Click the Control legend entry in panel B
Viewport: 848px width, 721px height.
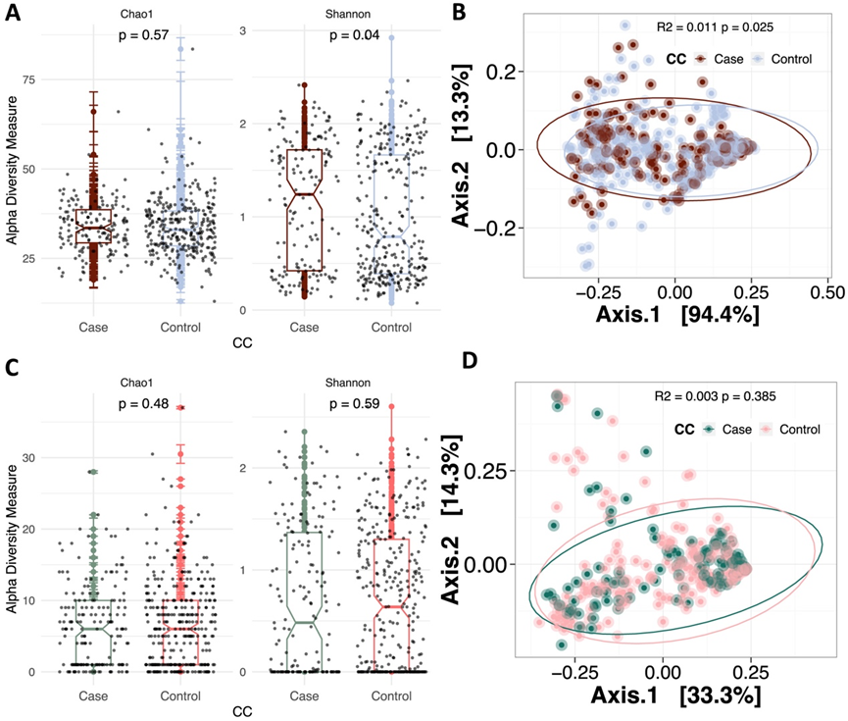click(782, 59)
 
